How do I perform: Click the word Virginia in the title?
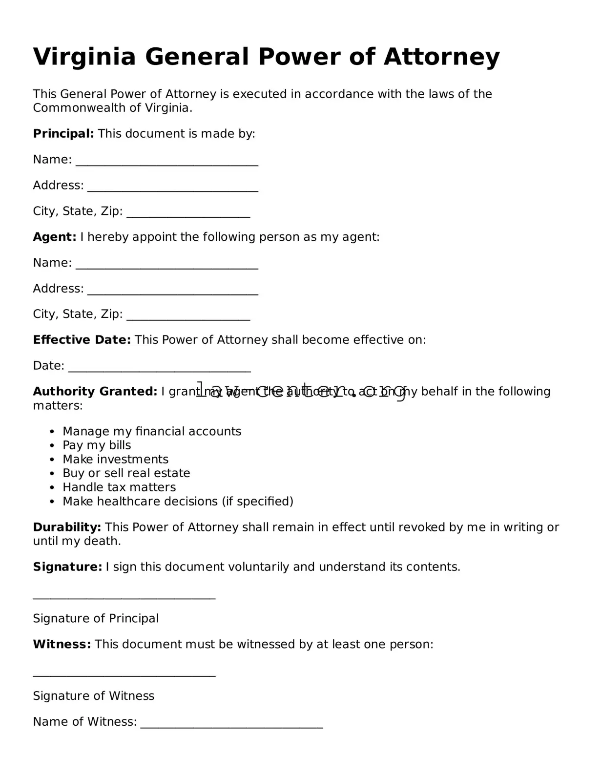(x=84, y=57)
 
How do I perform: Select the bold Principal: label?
(x=63, y=134)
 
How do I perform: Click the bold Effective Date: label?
(x=82, y=340)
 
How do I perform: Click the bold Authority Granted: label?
(x=95, y=392)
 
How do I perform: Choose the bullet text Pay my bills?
(x=97, y=445)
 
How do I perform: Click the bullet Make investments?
(x=115, y=460)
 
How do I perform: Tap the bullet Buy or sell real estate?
(x=126, y=473)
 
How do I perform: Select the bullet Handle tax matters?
(x=119, y=487)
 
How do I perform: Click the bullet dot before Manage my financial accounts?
(x=52, y=432)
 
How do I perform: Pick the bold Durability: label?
(x=67, y=527)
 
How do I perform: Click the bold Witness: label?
(x=62, y=645)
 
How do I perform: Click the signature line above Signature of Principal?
(x=124, y=597)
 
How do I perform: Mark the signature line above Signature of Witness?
(x=124, y=675)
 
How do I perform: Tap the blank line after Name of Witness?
(x=231, y=726)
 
